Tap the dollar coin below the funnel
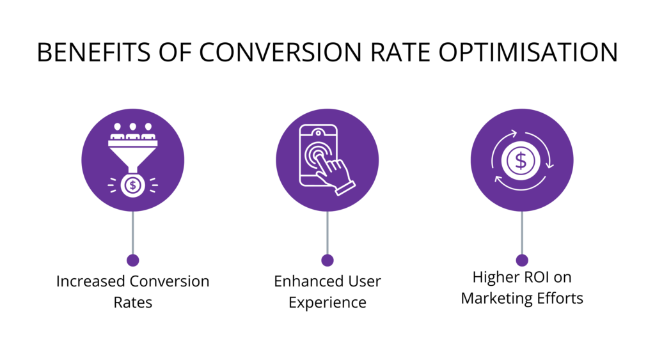132,185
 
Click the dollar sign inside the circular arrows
521,160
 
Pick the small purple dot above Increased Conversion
132,260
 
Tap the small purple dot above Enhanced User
327,260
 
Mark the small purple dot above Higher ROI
522,260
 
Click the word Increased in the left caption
91,281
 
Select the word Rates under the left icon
132,302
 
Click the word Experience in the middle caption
327,302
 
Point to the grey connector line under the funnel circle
132,233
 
